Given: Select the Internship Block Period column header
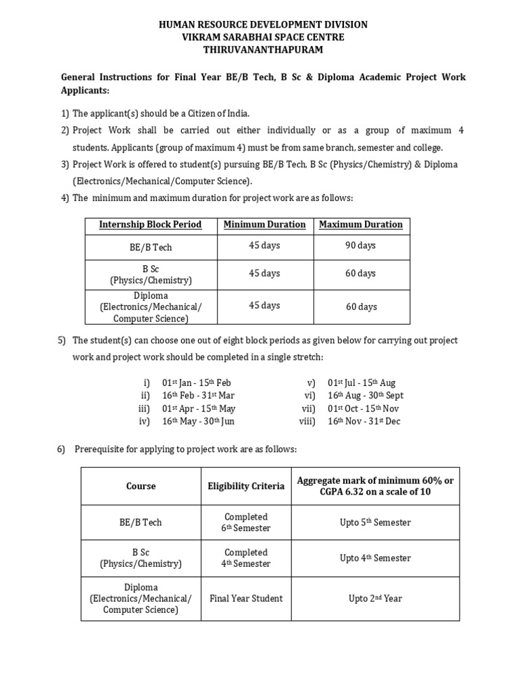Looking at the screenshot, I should [150, 225].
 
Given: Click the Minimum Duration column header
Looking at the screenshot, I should [264, 225].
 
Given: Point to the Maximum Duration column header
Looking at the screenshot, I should [360, 225].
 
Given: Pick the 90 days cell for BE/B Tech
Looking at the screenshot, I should [360, 246].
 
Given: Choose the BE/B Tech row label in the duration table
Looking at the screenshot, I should [151, 247].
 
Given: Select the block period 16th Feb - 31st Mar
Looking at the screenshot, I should [199, 396].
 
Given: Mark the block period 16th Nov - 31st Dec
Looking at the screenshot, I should [366, 422].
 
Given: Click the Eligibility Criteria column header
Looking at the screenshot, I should [246, 486].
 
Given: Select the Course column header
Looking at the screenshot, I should [141, 486].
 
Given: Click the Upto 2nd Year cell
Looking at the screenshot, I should [375, 599].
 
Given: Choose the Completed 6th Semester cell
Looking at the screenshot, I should [246, 523].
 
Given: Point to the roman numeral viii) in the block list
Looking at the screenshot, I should [307, 422].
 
